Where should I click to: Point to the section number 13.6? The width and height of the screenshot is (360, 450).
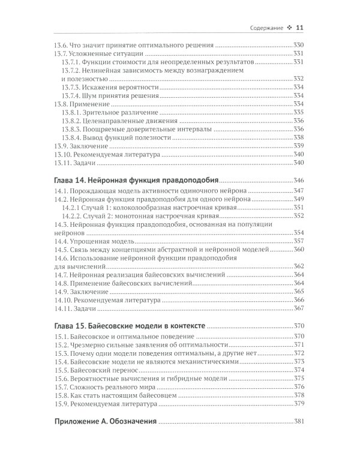(x=61, y=45)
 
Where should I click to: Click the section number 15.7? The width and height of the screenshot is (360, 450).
(x=61, y=387)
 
